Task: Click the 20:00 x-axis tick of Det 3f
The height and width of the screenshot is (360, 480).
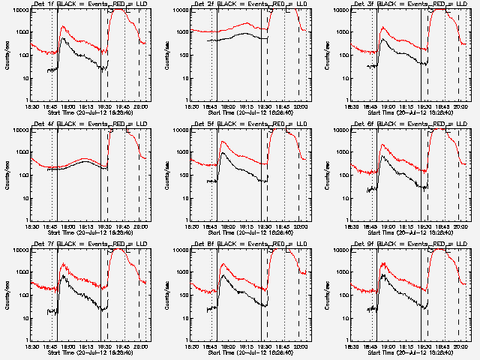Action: click(460, 107)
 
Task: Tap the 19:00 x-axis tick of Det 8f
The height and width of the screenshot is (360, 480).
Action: click(227, 346)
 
